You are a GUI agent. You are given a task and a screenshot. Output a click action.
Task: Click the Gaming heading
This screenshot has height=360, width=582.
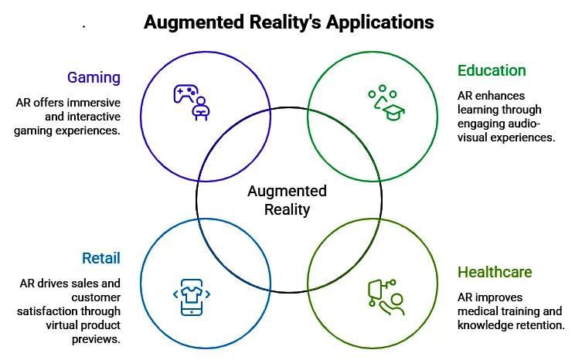tap(94, 77)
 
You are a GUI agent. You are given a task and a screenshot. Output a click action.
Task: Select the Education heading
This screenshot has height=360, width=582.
tap(492, 71)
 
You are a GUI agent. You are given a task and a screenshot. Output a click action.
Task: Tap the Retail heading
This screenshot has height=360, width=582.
tap(100, 258)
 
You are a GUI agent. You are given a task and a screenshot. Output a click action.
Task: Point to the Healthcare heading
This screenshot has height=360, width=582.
tap(495, 273)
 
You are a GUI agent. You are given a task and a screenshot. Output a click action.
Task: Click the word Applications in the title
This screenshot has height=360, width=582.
tap(379, 22)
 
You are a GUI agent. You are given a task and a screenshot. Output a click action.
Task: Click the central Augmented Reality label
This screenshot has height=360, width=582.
tap(287, 200)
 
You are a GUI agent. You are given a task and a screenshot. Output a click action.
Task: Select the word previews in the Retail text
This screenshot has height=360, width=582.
tap(96, 338)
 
